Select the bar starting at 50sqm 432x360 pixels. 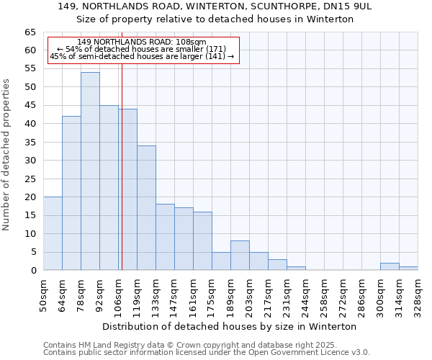pyautogui.click(x=53, y=233)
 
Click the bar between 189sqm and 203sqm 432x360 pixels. pyautogui.click(x=240, y=256)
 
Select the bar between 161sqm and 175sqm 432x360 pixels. pyautogui.click(x=202, y=241)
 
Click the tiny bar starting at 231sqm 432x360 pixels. pyautogui.click(x=296, y=269)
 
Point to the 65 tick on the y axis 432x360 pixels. pyautogui.click(x=30, y=32)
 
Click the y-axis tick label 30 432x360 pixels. pyautogui.click(x=30, y=161)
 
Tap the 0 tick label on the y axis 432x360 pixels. pyautogui.click(x=32, y=271)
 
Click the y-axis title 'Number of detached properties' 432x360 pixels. pyautogui.click(x=6, y=154)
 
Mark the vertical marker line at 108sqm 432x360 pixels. pyautogui.click(x=122, y=180)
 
